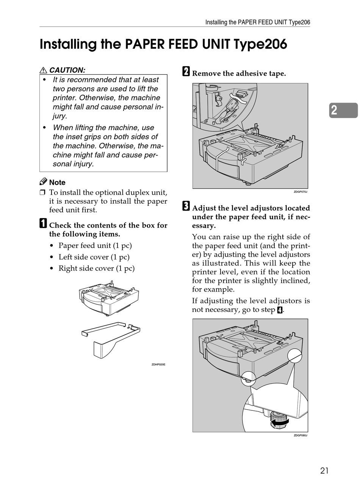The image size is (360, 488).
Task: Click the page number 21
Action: coord(324,471)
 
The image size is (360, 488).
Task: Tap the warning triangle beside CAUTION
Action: coord(43,70)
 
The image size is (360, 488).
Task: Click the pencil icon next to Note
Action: coord(43,182)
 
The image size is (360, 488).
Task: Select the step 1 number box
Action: coord(43,224)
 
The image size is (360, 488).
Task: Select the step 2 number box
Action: coord(186,72)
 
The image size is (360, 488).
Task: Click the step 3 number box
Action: coord(186,207)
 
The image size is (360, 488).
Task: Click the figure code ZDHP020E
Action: coord(158,365)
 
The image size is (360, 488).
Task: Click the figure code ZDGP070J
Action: coord(301,192)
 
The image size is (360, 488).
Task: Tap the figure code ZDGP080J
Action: coord(301,435)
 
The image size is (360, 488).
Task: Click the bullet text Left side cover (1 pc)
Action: coord(94,257)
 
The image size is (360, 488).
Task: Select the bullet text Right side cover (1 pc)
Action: coord(97,268)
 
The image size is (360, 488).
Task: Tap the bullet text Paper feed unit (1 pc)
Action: coord(95,246)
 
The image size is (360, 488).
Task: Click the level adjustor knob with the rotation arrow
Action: coord(279,420)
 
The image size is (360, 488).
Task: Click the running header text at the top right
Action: coord(258,22)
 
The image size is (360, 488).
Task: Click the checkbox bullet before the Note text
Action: coord(42,193)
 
